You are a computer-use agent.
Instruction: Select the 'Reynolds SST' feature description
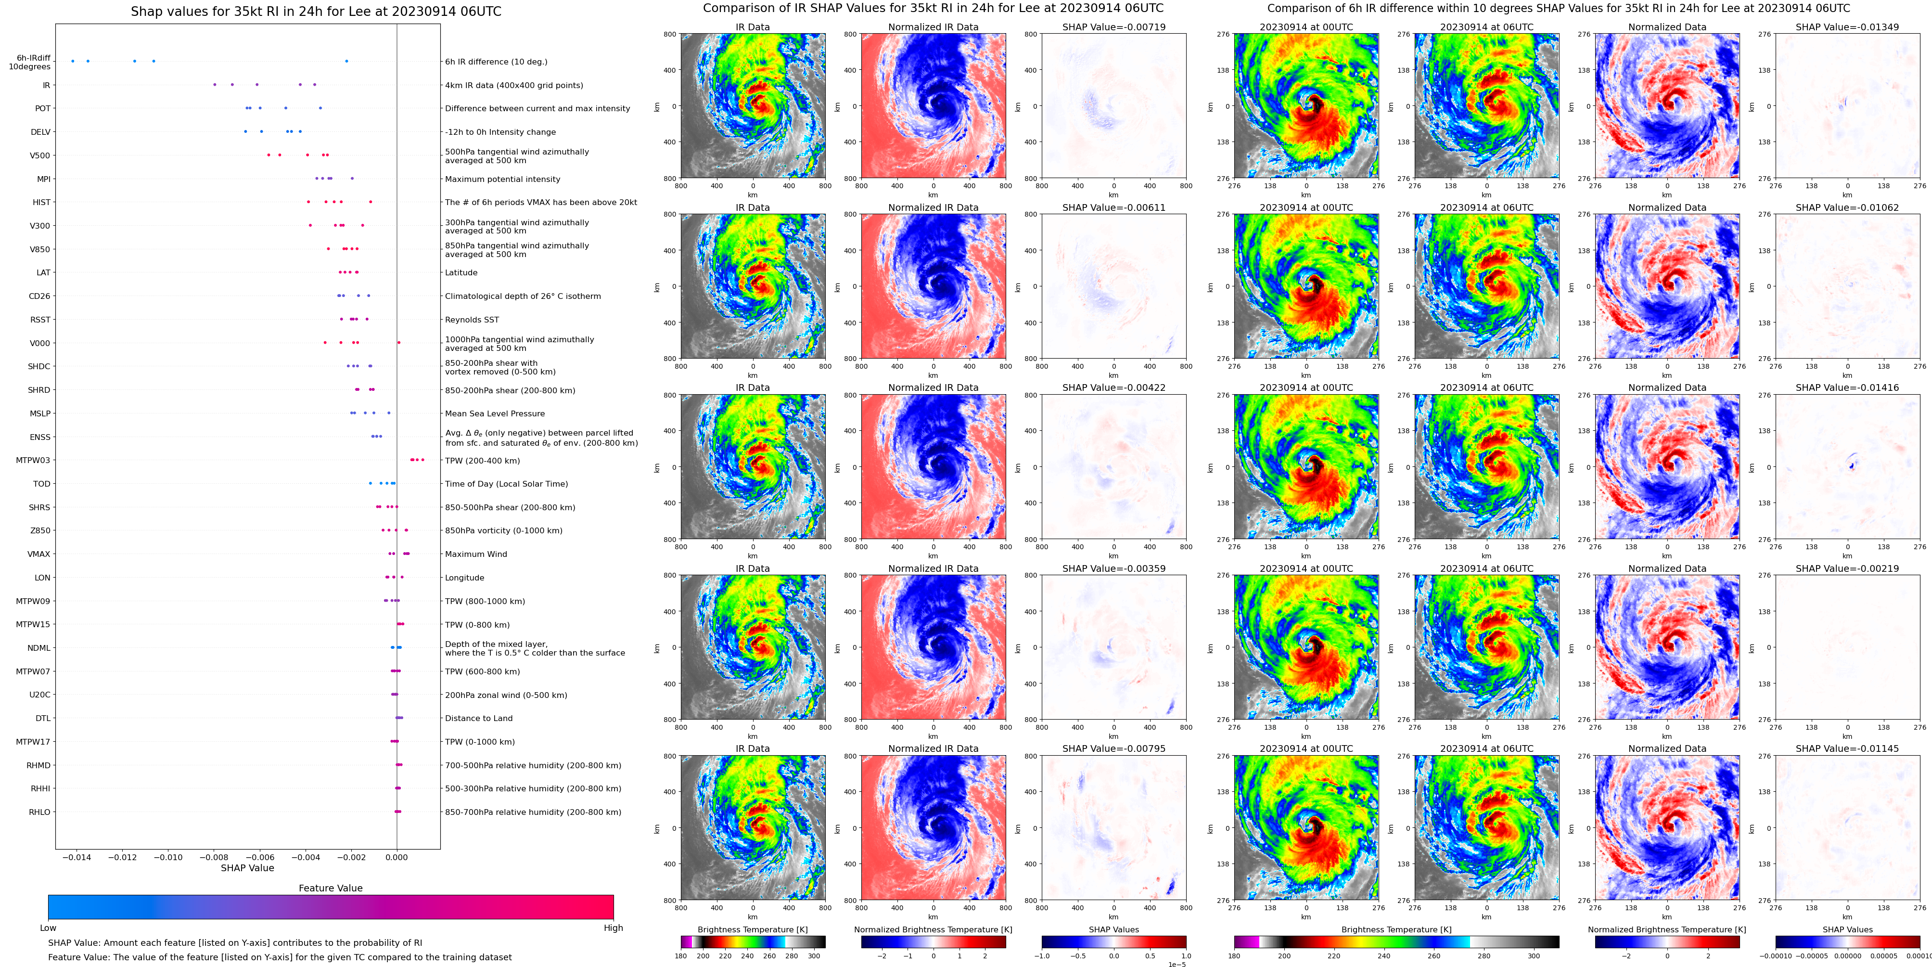click(472, 320)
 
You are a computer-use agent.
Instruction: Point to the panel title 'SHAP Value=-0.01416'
click(1847, 388)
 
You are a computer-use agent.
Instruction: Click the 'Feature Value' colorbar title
click(330, 888)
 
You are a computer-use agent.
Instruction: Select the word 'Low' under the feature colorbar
click(48, 928)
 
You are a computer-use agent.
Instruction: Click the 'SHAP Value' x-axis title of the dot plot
click(247, 868)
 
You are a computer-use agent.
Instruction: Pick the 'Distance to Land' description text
click(478, 719)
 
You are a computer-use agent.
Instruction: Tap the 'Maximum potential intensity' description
click(502, 179)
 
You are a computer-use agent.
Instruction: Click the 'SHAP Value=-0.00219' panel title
click(1847, 568)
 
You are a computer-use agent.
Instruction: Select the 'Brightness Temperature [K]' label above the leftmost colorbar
click(752, 929)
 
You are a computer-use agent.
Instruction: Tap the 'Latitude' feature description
click(461, 273)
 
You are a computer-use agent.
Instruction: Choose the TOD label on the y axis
click(42, 484)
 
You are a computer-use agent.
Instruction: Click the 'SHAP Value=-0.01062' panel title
click(1847, 208)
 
